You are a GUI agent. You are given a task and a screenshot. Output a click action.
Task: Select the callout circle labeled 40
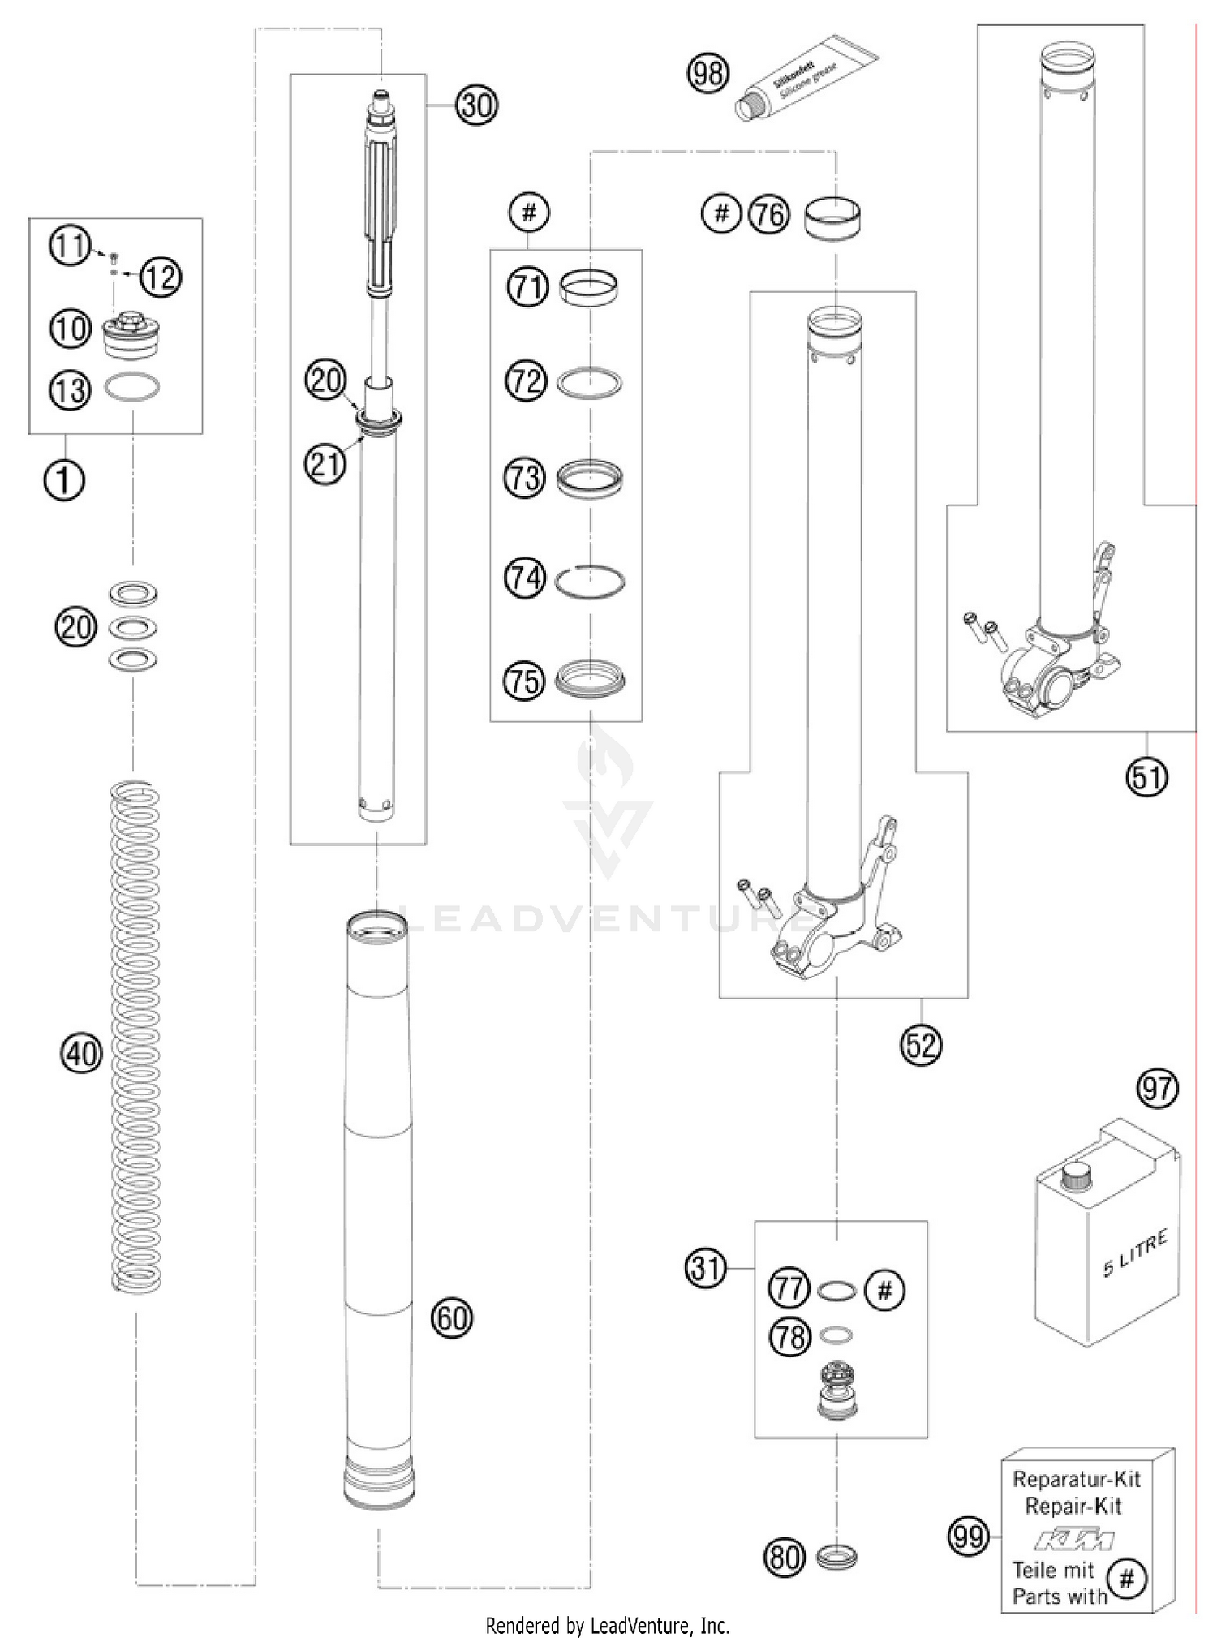[80, 1054]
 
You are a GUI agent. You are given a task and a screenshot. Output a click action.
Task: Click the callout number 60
[452, 1317]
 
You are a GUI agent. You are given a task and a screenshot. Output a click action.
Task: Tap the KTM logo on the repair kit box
[1073, 1539]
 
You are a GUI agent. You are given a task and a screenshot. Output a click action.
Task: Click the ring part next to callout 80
[836, 1556]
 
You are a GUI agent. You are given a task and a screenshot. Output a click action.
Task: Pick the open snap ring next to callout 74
[590, 581]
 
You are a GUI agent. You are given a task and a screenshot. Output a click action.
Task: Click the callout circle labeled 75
[525, 680]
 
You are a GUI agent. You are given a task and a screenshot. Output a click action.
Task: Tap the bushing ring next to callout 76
[833, 219]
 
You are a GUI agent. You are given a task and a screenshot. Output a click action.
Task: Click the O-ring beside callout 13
[131, 388]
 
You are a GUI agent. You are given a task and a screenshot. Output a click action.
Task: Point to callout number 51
[1146, 776]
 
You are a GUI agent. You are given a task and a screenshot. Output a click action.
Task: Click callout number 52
[922, 1044]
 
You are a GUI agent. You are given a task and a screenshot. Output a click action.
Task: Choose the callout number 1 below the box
[64, 480]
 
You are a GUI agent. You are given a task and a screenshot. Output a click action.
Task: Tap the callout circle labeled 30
[476, 105]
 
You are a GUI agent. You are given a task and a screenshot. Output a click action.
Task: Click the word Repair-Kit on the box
[1073, 1507]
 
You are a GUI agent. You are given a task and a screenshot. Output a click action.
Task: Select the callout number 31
[706, 1267]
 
